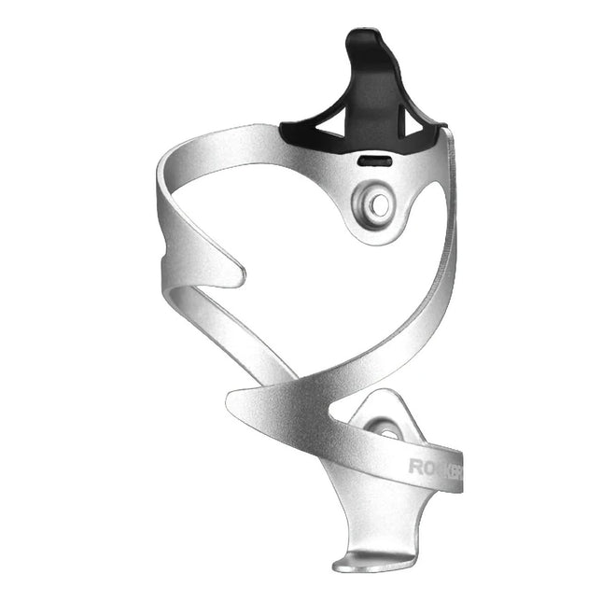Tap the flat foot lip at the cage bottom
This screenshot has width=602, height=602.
click(x=369, y=564)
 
